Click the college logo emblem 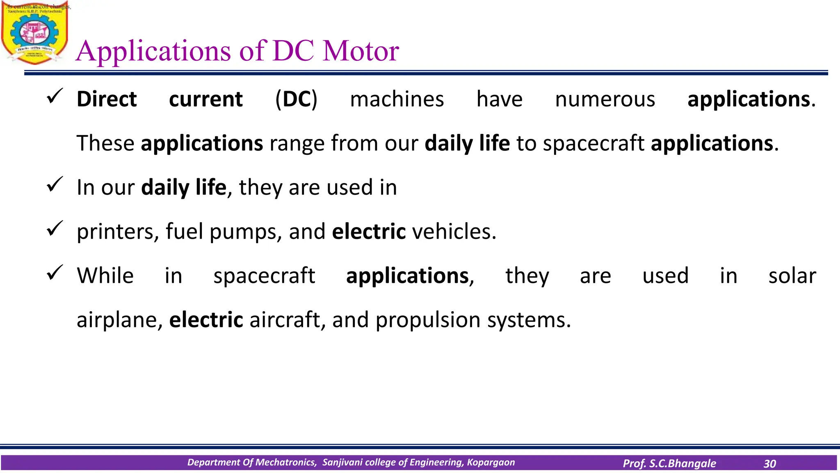point(34,34)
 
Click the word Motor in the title point(361,51)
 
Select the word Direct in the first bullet point(107,99)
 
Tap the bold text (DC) point(296,99)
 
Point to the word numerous point(605,99)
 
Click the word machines point(397,99)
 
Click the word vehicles point(454,232)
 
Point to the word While point(105,276)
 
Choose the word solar point(792,276)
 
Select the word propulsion point(428,320)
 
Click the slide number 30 point(769,464)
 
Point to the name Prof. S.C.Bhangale point(669,464)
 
